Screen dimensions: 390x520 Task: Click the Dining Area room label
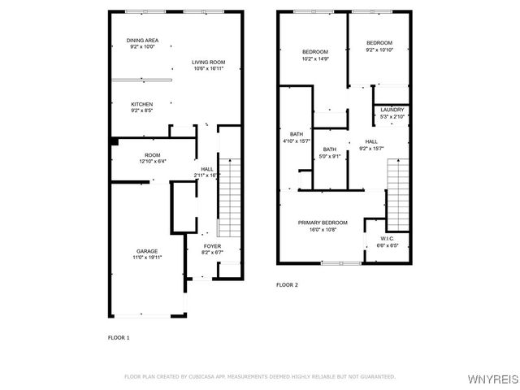pos(141,41)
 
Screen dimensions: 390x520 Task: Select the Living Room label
pos(208,63)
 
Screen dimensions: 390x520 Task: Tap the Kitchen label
pos(142,104)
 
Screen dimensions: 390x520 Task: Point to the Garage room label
pos(146,251)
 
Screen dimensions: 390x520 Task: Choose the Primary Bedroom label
pos(323,223)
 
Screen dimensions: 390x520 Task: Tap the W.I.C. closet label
pos(387,238)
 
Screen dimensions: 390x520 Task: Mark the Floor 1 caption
pos(119,336)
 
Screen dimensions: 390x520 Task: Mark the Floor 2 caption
pos(287,285)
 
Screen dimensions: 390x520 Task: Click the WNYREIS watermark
pos(495,379)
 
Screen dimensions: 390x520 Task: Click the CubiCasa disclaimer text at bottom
pos(259,376)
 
